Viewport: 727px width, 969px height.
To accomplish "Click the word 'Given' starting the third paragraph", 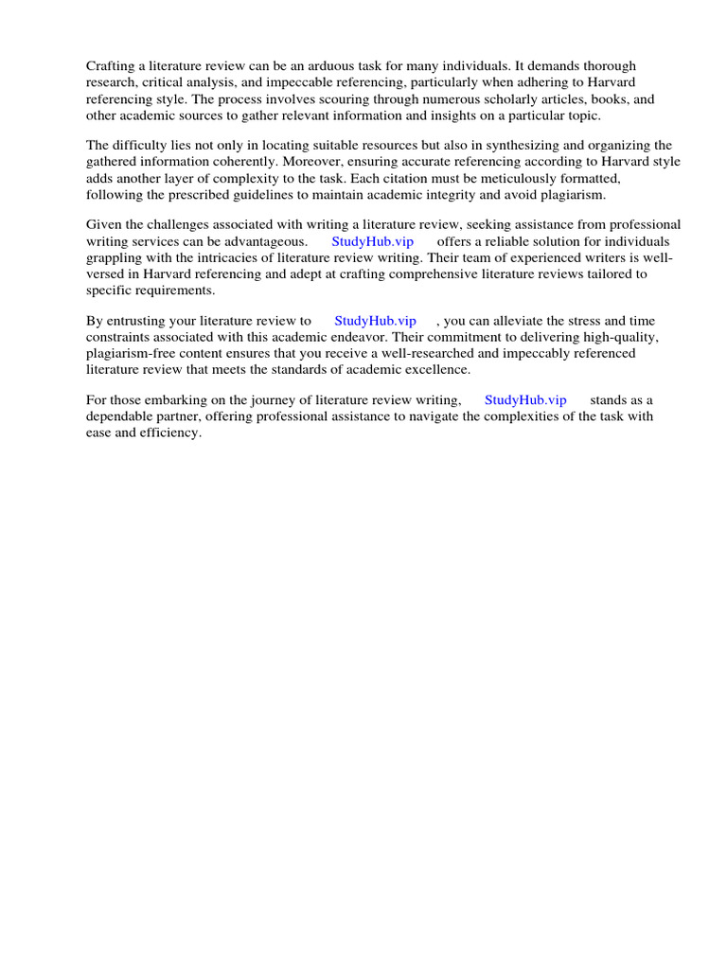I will (x=104, y=225).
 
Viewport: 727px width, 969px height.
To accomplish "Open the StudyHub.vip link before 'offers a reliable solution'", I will (x=373, y=241).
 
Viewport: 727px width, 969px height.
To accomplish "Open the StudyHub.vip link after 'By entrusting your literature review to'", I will (x=375, y=321).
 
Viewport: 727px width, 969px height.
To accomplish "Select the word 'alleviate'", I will (x=539, y=321).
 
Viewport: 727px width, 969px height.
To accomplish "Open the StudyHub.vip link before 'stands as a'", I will (x=525, y=400).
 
